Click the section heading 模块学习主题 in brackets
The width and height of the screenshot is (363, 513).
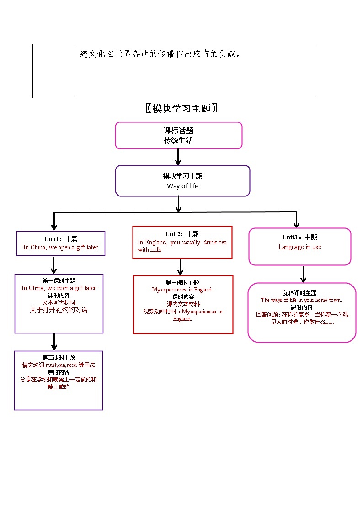[x=181, y=108]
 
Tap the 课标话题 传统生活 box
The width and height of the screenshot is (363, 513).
[x=178, y=135]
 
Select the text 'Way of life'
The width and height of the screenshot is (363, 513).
[x=182, y=186]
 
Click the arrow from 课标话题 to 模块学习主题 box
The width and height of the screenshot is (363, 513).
[x=178, y=157]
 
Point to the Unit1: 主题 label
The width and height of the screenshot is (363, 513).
[x=61, y=239]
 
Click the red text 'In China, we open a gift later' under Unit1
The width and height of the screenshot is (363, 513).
[x=60, y=247]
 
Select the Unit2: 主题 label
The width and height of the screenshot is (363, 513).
[x=182, y=234]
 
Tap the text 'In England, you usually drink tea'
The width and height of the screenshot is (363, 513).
[x=182, y=242]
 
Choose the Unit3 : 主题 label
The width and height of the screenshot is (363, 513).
[x=299, y=237]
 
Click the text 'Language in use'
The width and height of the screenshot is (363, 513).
[x=299, y=247]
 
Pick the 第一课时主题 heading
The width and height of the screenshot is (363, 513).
[x=59, y=281]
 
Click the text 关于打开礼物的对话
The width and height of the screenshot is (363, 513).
[x=59, y=310]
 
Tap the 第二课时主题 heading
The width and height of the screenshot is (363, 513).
[x=59, y=358]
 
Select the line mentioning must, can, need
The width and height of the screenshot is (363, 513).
[x=59, y=365]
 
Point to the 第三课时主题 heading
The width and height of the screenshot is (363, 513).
[x=182, y=282]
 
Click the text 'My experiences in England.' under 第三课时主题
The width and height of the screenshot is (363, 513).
[x=182, y=290]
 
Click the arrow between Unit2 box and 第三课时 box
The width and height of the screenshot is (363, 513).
[x=181, y=267]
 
